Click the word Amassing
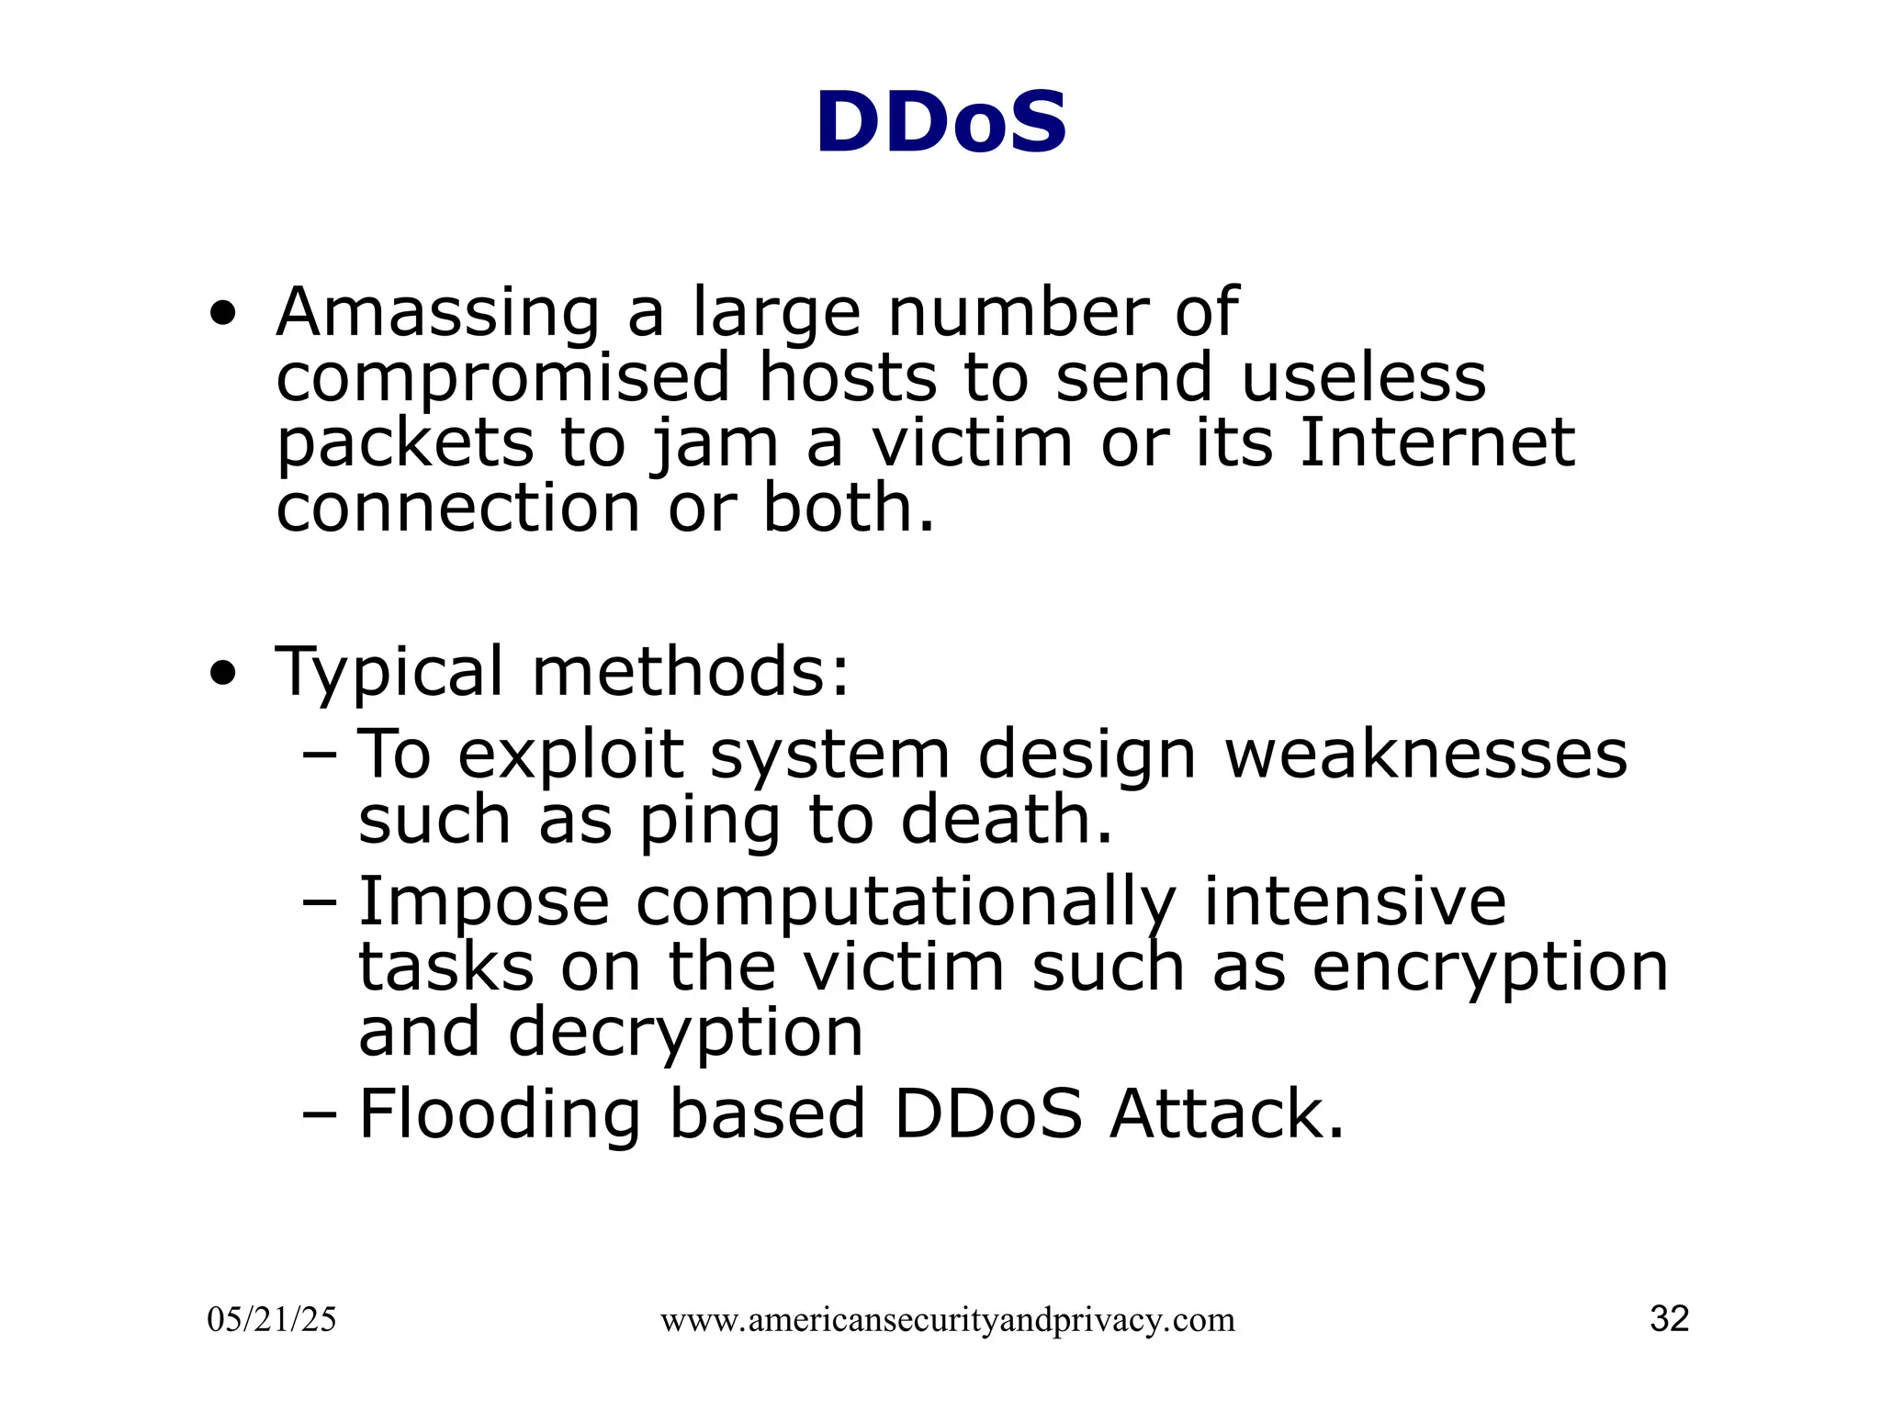tap(437, 314)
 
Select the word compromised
tap(503, 380)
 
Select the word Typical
tap(389, 674)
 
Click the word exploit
tap(570, 756)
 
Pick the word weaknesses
tap(1425, 755)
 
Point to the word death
tap(1006, 820)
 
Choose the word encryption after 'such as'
tap(1489, 969)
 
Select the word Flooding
tap(499, 1115)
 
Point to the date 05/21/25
tap(272, 1320)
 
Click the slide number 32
tap(1669, 1319)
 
